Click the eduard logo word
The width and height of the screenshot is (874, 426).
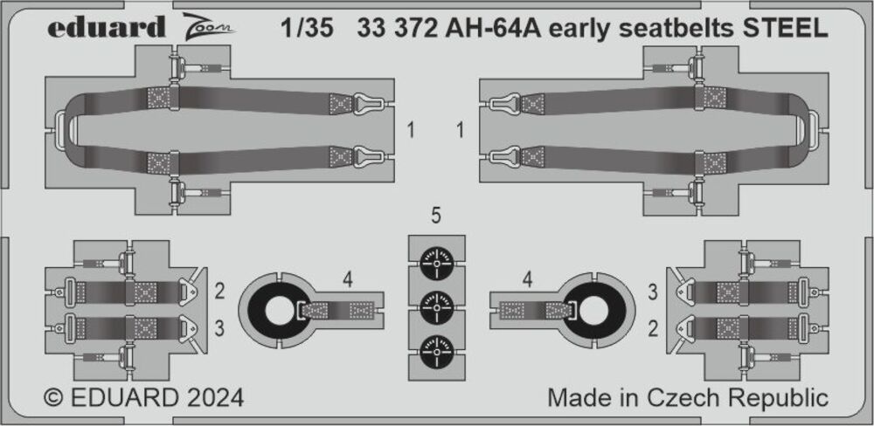pos(107,27)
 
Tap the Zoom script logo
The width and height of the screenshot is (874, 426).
pos(208,27)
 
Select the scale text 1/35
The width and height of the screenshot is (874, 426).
pos(307,29)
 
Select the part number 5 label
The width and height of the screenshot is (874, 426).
pos(436,216)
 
